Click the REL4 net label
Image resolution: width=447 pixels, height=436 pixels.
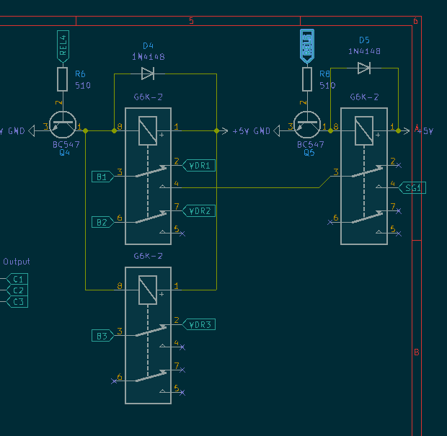coord(63,45)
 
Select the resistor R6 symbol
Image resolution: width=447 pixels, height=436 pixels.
coord(63,79)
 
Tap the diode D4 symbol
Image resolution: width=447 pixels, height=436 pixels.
coord(148,73)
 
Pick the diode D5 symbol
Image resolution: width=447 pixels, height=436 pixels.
coord(364,68)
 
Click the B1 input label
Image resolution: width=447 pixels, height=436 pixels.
coord(102,177)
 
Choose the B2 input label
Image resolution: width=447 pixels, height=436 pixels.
coord(102,222)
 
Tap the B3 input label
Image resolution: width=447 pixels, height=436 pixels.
coord(102,335)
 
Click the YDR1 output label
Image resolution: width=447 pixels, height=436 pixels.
coord(199,166)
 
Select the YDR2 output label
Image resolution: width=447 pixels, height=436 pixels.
coord(199,211)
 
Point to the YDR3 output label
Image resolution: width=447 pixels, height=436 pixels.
coord(199,324)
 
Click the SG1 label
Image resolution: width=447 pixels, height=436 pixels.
coord(413,188)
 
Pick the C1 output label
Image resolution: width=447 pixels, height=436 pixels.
coord(17,279)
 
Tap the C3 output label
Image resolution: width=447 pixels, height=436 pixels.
coord(17,301)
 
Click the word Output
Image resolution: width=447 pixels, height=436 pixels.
coord(17,262)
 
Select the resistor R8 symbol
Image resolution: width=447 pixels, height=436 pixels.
coord(307,79)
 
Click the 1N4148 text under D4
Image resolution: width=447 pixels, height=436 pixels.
coord(148,56)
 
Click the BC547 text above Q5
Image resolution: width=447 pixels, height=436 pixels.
coord(311,144)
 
